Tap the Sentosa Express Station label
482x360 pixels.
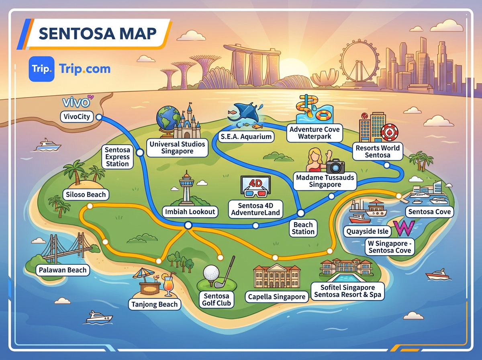[x=117, y=157]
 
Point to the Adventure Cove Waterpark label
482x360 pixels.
[x=315, y=133]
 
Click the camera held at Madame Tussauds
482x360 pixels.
[x=335, y=166]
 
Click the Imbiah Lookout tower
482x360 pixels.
[x=186, y=189]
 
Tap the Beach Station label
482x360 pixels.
[x=303, y=228]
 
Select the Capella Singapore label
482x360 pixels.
[x=277, y=297]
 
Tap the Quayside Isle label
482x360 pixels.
[x=367, y=231]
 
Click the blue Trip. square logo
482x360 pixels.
[x=41, y=69]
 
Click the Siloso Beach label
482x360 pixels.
[x=85, y=195]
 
